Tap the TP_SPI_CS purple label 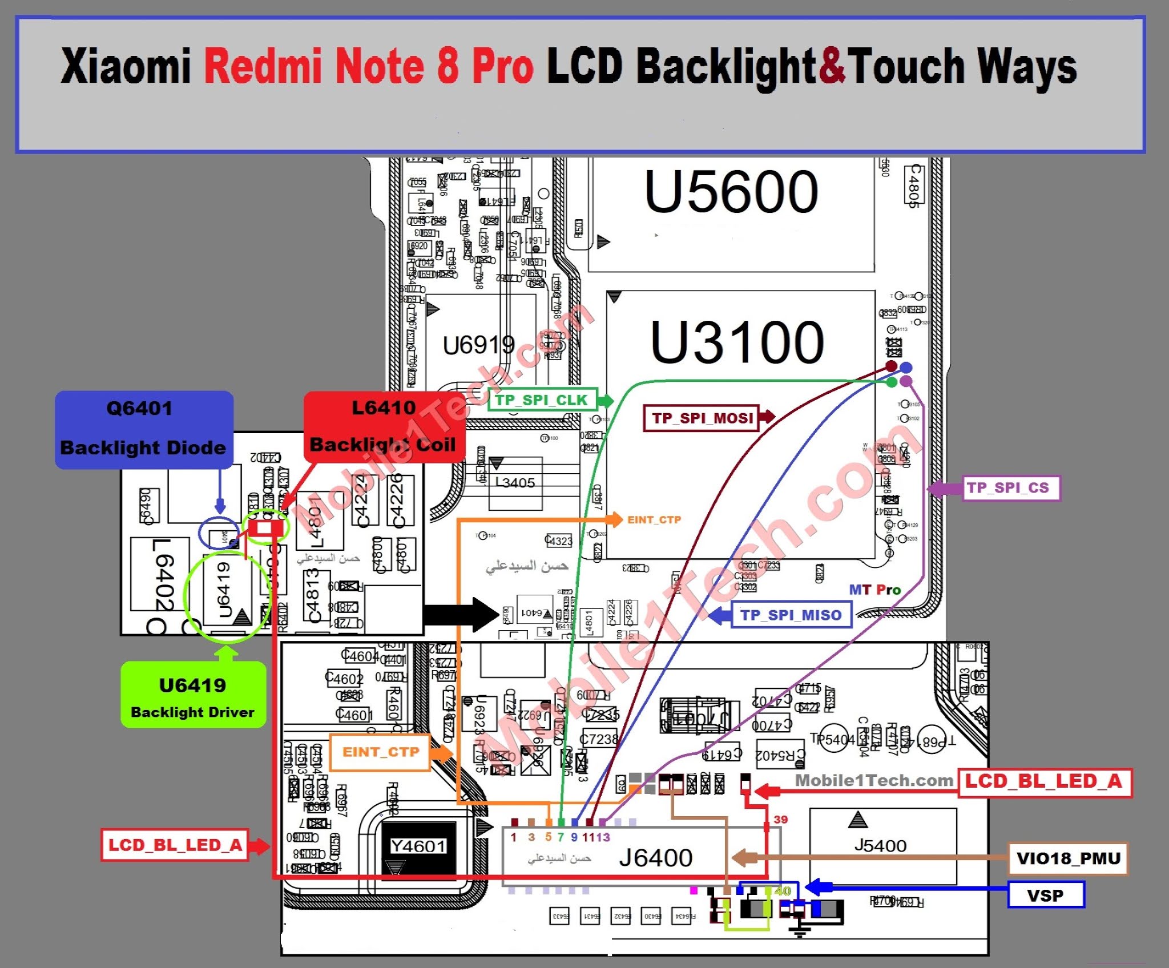(1011, 488)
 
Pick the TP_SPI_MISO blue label (791, 615)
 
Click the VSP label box (1045, 895)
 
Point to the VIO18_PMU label (1068, 858)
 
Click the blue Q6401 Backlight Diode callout (144, 429)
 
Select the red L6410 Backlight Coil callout (384, 427)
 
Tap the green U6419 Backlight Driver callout (193, 695)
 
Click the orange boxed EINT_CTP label (380, 752)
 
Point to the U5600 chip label (732, 192)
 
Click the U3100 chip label (737, 342)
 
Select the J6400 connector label (656, 858)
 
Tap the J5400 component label (880, 845)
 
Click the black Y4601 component (418, 846)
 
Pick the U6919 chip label (478, 345)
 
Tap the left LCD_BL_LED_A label (175, 845)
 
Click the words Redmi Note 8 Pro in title (369, 67)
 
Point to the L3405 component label (515, 483)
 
